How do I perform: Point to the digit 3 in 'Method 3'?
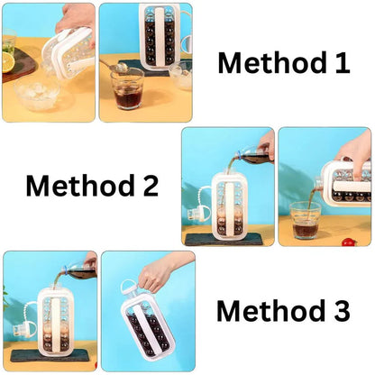(x=339, y=311)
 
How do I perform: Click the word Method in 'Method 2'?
(x=78, y=187)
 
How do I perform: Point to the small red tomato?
(x=348, y=242)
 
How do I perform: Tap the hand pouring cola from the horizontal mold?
(x=356, y=149)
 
